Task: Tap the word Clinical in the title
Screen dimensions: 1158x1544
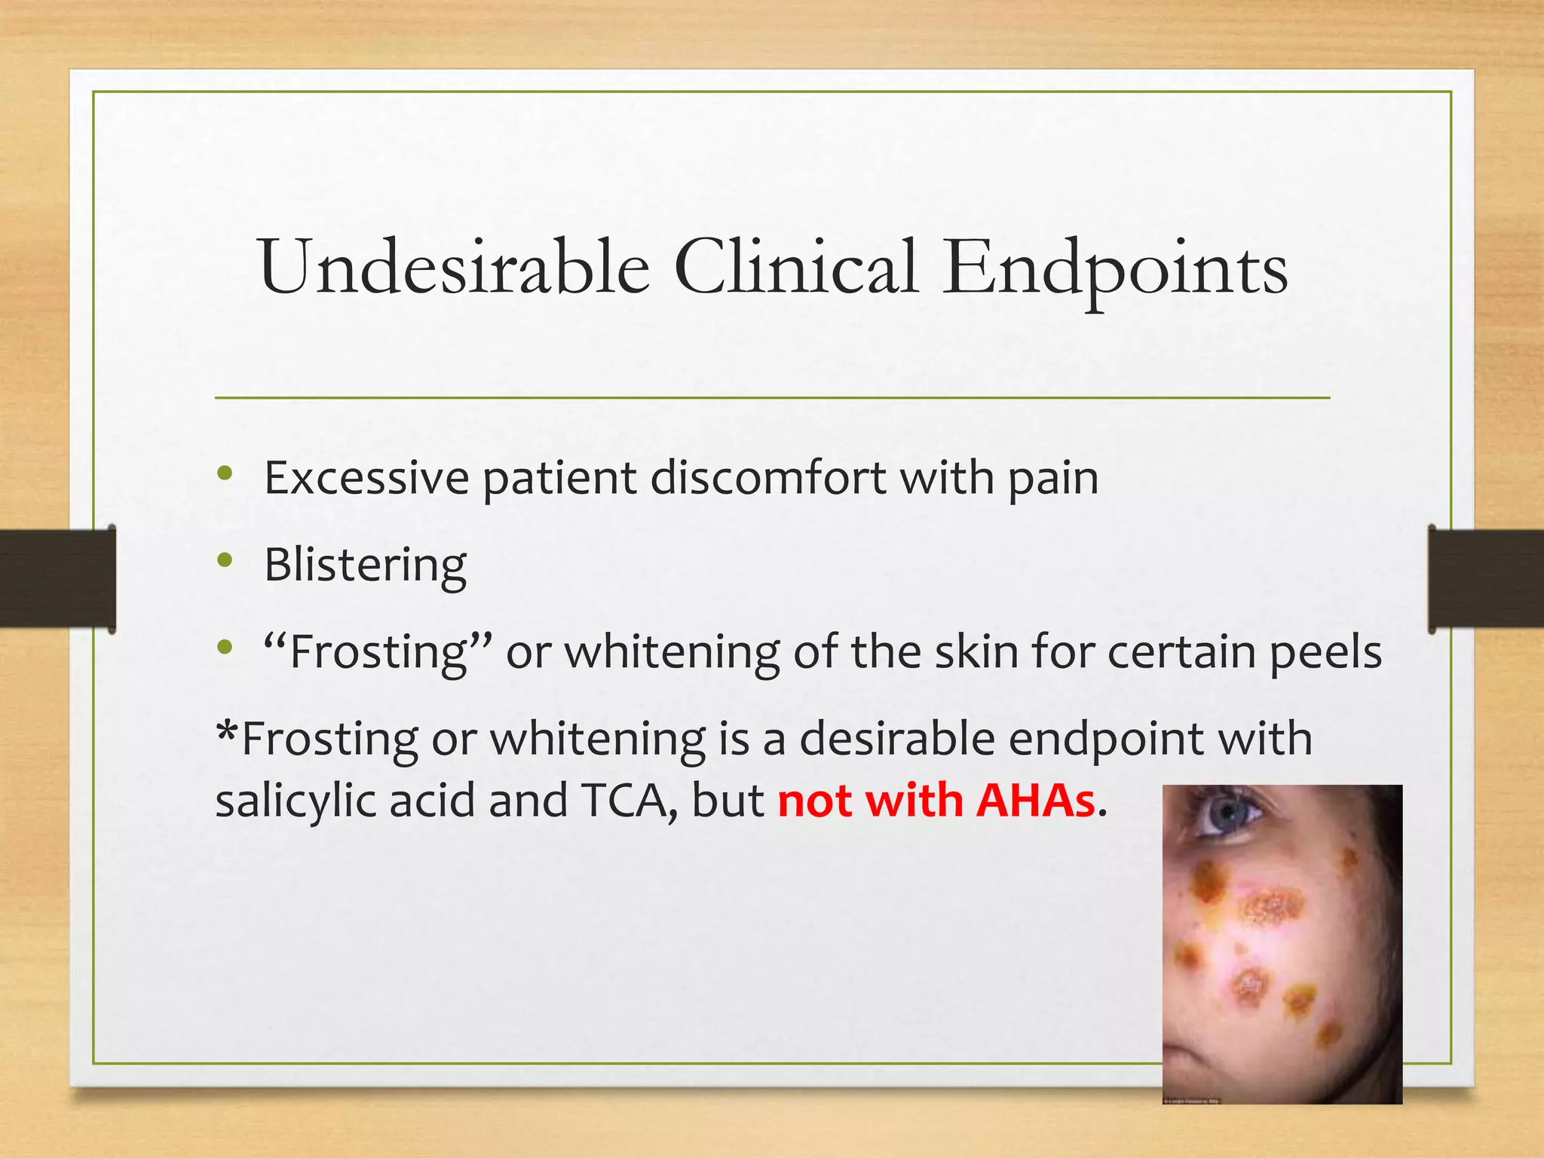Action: [x=795, y=268]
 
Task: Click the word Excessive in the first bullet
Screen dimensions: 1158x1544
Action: [x=366, y=478]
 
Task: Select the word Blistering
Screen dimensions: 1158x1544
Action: [x=366, y=565]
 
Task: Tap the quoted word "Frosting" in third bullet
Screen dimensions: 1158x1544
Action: [x=378, y=652]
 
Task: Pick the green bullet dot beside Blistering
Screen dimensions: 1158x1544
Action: [x=225, y=560]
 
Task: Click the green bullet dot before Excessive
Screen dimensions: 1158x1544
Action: [x=225, y=473]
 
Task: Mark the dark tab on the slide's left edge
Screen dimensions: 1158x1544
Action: [x=57, y=578]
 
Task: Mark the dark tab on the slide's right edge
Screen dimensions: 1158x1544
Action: [x=1486, y=578]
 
